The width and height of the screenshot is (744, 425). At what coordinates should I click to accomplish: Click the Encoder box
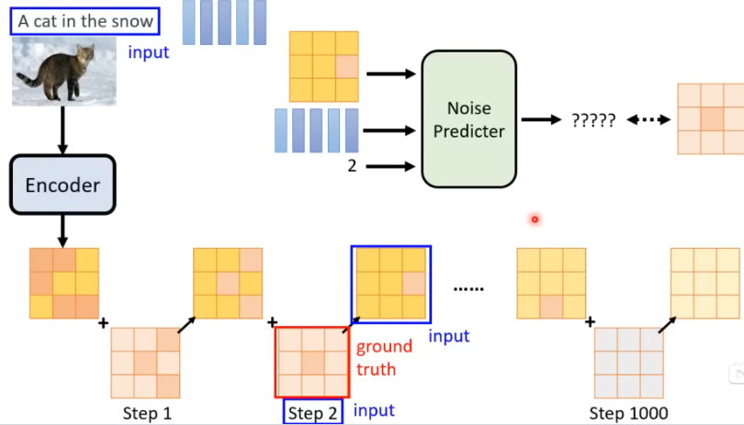[62, 185]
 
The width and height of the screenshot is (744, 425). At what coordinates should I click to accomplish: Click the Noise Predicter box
[468, 118]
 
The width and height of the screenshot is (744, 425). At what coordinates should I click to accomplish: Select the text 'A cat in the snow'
[84, 20]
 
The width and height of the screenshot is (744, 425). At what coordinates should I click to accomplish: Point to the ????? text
[592, 120]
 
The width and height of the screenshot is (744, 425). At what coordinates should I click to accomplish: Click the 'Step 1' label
[147, 413]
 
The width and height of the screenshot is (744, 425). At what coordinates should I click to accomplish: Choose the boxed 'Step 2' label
[312, 413]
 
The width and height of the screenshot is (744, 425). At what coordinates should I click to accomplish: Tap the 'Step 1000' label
[628, 413]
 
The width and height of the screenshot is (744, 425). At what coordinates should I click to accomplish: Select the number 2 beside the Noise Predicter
[352, 166]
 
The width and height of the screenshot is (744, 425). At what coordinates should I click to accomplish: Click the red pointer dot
[534, 219]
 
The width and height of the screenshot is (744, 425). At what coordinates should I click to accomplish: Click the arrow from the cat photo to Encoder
[62, 129]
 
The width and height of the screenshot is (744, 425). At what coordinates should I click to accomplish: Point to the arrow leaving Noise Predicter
[541, 120]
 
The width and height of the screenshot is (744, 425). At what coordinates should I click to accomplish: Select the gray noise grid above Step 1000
[627, 363]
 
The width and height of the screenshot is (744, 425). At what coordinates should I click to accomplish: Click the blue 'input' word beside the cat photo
[149, 52]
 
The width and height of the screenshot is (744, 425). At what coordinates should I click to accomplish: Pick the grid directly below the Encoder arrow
[62, 284]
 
